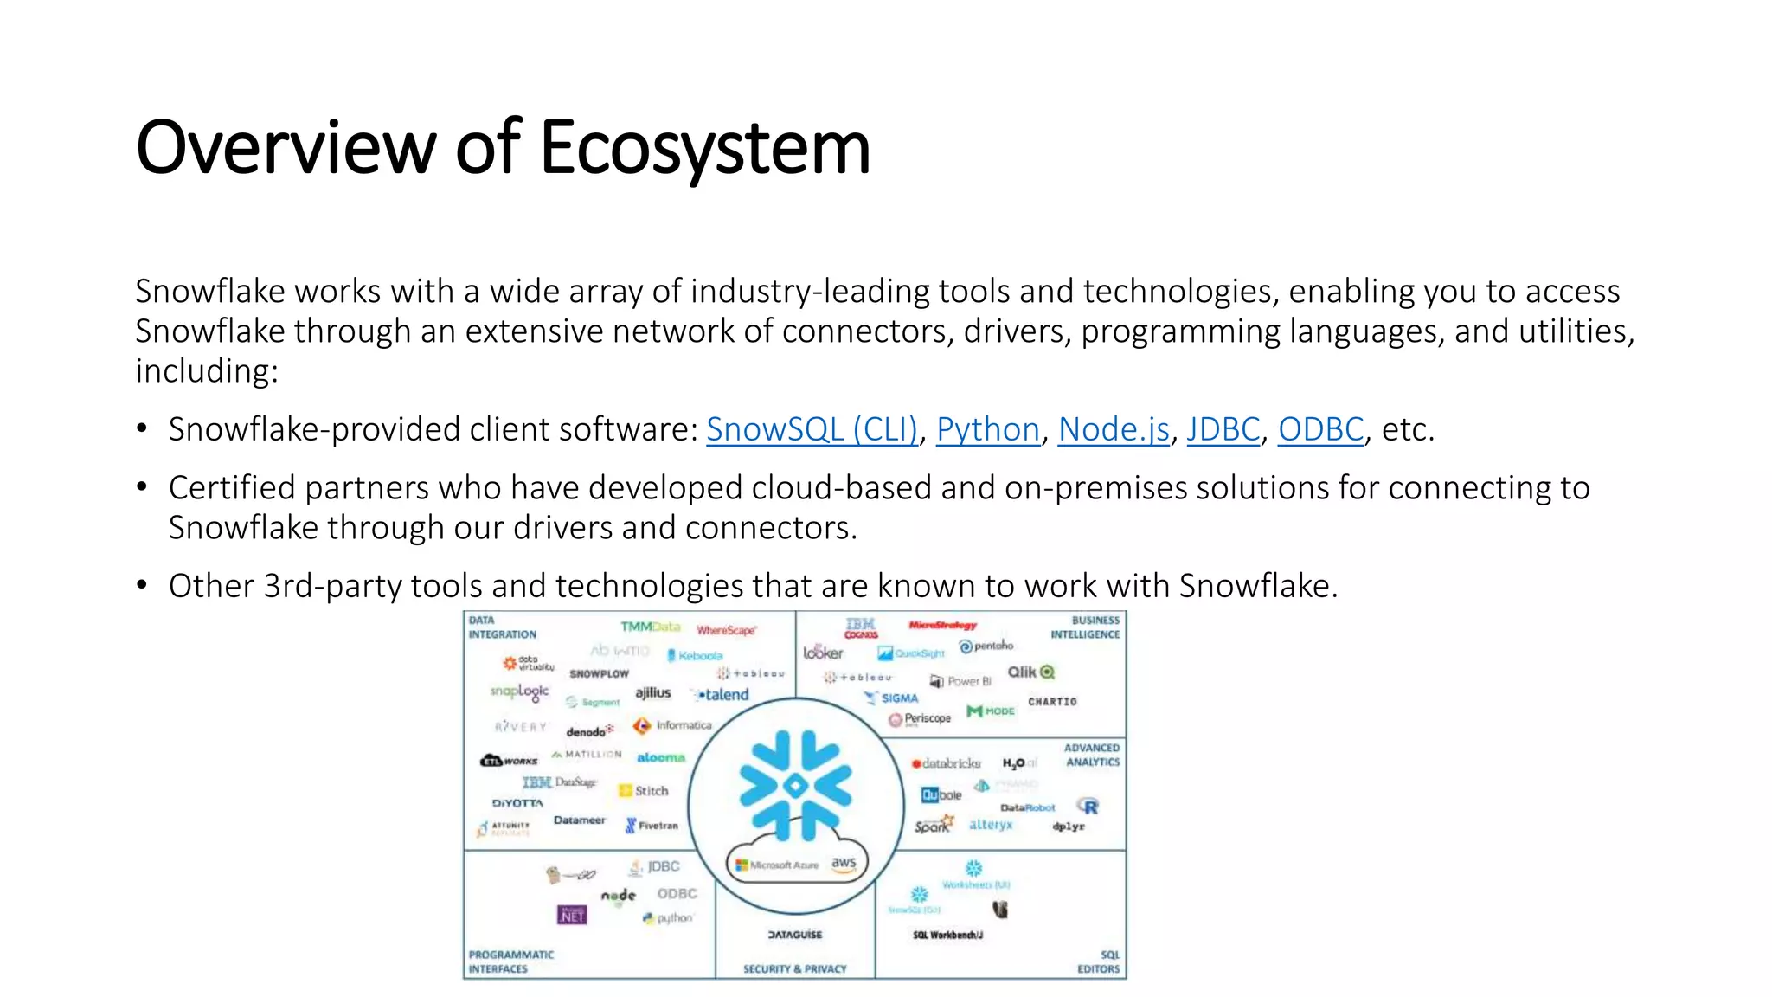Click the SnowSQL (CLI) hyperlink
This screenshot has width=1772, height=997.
coord(812,429)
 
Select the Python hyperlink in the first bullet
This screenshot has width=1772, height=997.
coord(987,429)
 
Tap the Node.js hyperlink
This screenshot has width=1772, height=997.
coord(1114,429)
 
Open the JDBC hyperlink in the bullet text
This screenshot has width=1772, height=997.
coord(1223,429)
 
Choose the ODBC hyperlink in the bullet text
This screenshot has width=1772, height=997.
coord(1320,429)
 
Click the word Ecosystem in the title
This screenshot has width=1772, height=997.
coord(704,148)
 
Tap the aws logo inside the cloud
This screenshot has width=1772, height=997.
coord(844,864)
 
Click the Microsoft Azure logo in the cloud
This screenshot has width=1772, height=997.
coord(777,865)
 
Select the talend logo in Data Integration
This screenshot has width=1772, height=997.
coord(722,694)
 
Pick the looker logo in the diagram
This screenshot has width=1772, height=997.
coord(822,653)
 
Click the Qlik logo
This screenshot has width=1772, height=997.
coord(1030,672)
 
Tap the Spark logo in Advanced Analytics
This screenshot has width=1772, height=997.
coord(934,825)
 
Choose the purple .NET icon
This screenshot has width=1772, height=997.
coord(572,915)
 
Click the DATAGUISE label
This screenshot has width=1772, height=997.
coord(794,935)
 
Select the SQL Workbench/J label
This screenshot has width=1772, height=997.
coord(947,935)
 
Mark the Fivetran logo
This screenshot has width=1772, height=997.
coord(652,826)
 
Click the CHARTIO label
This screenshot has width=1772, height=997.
coord(1052,702)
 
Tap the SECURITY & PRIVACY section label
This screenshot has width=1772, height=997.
coord(794,969)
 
